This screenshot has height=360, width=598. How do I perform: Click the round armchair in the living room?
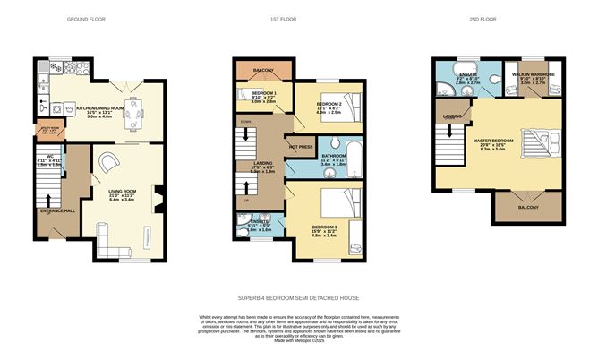tap(107, 162)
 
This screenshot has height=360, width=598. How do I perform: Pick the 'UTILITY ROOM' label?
tap(47, 130)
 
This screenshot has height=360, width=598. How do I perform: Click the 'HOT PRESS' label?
tap(298, 145)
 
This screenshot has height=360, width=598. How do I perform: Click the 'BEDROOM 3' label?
tap(323, 227)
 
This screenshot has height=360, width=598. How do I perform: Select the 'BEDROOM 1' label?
tap(262, 93)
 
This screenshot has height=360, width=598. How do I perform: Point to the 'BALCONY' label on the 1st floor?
tap(263, 69)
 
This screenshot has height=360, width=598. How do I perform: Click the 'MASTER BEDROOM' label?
tap(493, 141)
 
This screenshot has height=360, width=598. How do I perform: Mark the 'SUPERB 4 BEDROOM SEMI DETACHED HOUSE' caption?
tap(298, 296)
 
